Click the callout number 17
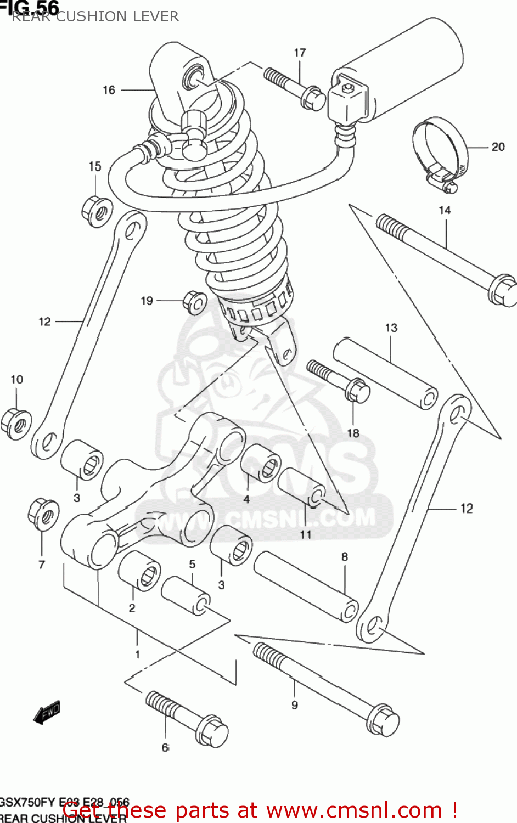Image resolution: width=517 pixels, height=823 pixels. pyautogui.click(x=300, y=53)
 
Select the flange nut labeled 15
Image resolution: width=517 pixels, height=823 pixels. pyautogui.click(x=97, y=211)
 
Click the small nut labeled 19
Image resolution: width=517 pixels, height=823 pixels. pyautogui.click(x=194, y=302)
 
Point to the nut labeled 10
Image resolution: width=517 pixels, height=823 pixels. pyautogui.click(x=15, y=424)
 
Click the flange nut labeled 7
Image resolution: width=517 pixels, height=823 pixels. pyautogui.click(x=43, y=514)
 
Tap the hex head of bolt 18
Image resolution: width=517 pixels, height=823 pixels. pyautogui.click(x=357, y=391)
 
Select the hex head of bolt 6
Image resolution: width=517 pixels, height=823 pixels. pyautogui.click(x=212, y=731)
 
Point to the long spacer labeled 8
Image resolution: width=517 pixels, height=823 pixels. pyautogui.click(x=305, y=586)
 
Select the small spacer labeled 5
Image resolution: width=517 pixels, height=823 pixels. pyautogui.click(x=186, y=596)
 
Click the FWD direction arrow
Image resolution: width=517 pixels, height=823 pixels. pyautogui.click(x=47, y=712)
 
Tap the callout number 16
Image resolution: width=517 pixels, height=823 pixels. pyautogui.click(x=109, y=90)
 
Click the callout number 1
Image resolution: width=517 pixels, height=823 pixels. pyautogui.click(x=137, y=654)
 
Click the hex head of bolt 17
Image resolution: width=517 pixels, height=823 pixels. pyautogui.click(x=313, y=99)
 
